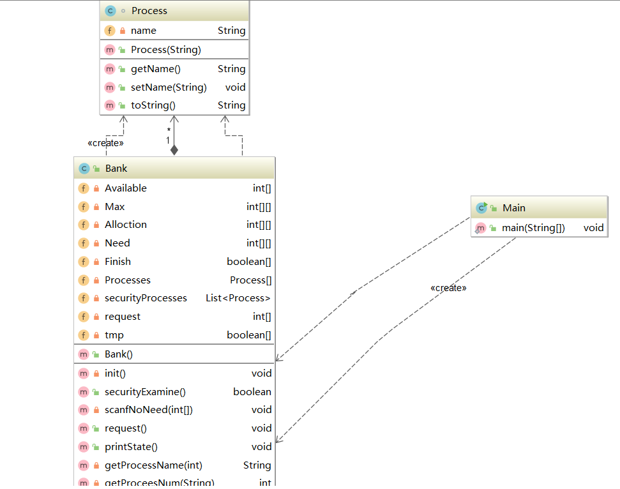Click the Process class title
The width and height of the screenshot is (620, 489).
click(x=149, y=11)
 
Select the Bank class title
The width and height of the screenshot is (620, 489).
click(x=116, y=169)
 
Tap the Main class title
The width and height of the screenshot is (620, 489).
click(x=514, y=207)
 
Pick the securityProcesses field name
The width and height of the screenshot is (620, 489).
click(x=146, y=298)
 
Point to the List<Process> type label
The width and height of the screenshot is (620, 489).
click(x=238, y=298)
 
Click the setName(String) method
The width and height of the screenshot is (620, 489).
click(x=169, y=87)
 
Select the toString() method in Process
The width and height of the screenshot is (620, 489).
click(x=153, y=105)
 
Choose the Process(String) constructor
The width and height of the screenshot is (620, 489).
click(x=166, y=50)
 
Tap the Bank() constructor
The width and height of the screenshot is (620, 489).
click(x=119, y=354)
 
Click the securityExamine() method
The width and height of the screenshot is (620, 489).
click(x=145, y=392)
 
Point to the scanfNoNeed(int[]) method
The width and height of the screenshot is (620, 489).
click(x=149, y=410)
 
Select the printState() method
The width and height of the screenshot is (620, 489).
click(x=131, y=447)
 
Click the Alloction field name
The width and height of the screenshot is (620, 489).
click(x=126, y=225)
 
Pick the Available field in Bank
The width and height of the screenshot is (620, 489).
click(x=126, y=188)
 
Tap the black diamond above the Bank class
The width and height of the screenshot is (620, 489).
click(x=174, y=150)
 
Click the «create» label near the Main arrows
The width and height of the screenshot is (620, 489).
click(x=448, y=288)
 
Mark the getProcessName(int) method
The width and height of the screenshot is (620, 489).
click(x=153, y=465)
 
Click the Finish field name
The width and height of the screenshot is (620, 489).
click(x=117, y=262)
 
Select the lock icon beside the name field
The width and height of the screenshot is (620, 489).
click(x=122, y=31)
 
